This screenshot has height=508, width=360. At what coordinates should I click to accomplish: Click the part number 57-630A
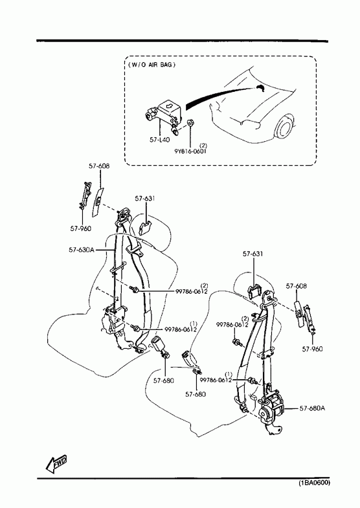82,250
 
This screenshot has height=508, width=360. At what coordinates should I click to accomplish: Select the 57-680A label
312,408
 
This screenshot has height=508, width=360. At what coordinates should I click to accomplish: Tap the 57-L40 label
160,140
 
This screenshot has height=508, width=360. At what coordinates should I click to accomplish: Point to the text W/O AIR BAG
152,65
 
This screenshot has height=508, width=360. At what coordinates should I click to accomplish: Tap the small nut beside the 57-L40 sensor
191,123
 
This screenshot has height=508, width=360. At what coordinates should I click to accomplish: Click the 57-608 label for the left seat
99,166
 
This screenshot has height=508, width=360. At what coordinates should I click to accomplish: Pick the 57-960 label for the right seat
312,349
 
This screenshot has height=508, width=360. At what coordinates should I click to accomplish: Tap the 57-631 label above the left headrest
145,199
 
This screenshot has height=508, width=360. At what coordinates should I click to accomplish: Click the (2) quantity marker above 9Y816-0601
203,145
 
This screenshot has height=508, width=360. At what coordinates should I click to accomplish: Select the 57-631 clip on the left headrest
144,227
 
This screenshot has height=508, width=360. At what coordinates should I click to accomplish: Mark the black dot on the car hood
260,87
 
